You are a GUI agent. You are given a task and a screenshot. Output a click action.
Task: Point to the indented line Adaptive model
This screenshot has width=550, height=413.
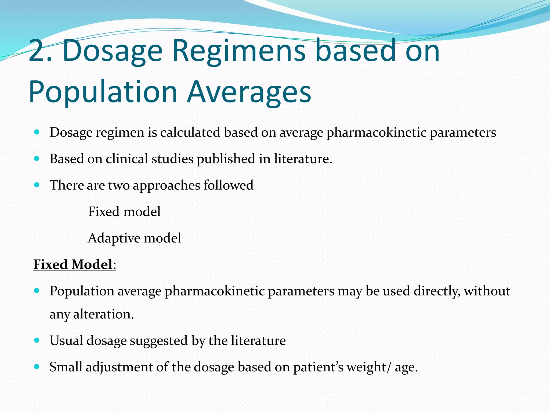(134, 238)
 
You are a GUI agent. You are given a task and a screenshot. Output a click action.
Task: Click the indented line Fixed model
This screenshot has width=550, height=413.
(124, 212)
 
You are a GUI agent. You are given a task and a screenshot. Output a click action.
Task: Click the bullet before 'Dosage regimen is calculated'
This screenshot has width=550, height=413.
(37, 132)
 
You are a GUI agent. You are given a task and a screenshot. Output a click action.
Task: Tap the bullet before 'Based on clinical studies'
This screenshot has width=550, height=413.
(37, 158)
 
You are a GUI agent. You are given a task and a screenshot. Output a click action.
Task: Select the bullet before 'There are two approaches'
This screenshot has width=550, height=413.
(37, 185)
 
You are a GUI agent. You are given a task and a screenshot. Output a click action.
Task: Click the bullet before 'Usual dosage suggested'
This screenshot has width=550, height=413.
(37, 340)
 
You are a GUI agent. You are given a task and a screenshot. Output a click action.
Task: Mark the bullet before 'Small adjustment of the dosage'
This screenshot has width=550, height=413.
(37, 367)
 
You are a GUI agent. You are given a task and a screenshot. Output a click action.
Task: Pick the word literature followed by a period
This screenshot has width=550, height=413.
(303, 159)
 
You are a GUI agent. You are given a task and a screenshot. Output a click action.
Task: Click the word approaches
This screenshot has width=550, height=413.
(166, 186)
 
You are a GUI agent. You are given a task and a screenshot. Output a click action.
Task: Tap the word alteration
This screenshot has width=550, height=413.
(103, 314)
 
